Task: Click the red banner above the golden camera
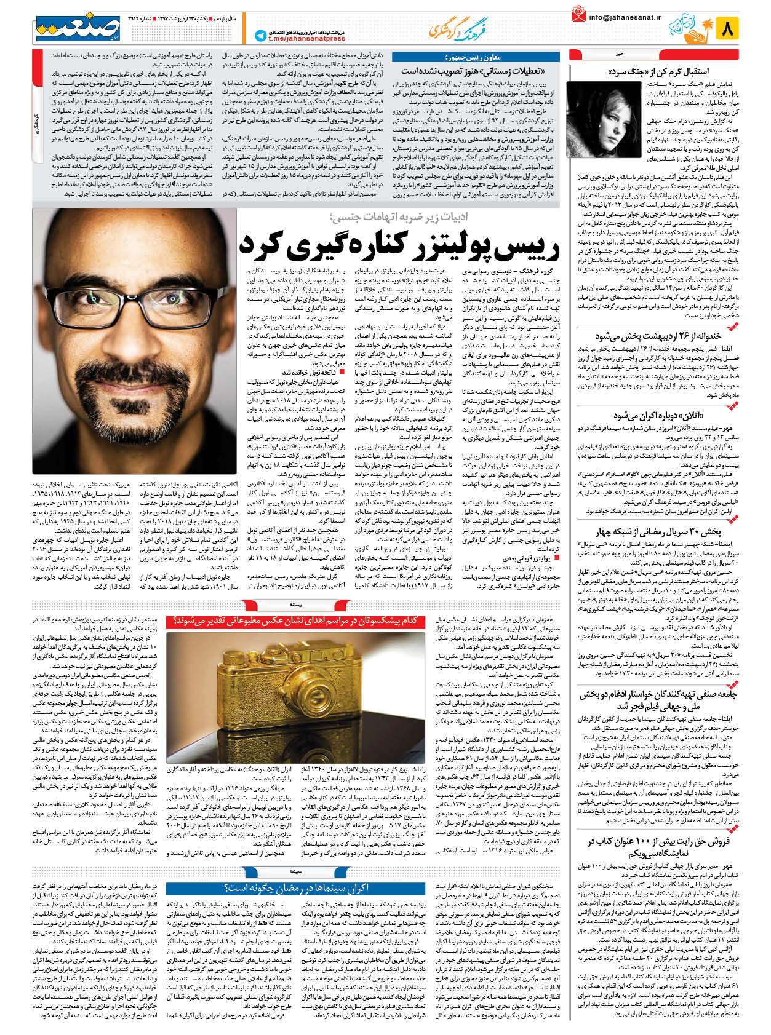pyautogui.click(x=297, y=621)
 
